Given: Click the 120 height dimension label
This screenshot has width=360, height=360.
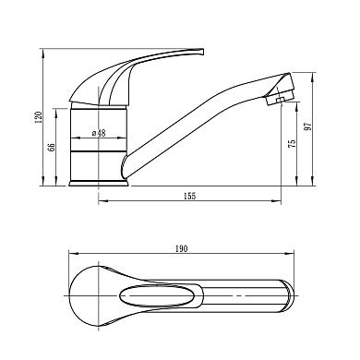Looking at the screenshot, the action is click(x=39, y=117).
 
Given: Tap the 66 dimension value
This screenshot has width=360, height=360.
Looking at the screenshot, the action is click(x=52, y=147).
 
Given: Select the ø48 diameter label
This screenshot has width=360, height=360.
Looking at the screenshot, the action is click(x=99, y=133).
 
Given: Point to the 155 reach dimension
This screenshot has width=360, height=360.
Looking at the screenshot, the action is click(x=189, y=196).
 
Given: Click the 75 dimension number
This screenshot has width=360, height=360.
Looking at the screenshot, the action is click(x=292, y=144).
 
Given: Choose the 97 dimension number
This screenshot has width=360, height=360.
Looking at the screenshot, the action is click(x=307, y=126).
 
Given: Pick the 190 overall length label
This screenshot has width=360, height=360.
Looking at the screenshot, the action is click(x=181, y=249).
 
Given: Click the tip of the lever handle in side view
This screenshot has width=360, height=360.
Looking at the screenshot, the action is click(x=202, y=51).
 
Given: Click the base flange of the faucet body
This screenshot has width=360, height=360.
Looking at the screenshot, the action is click(x=99, y=184).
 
